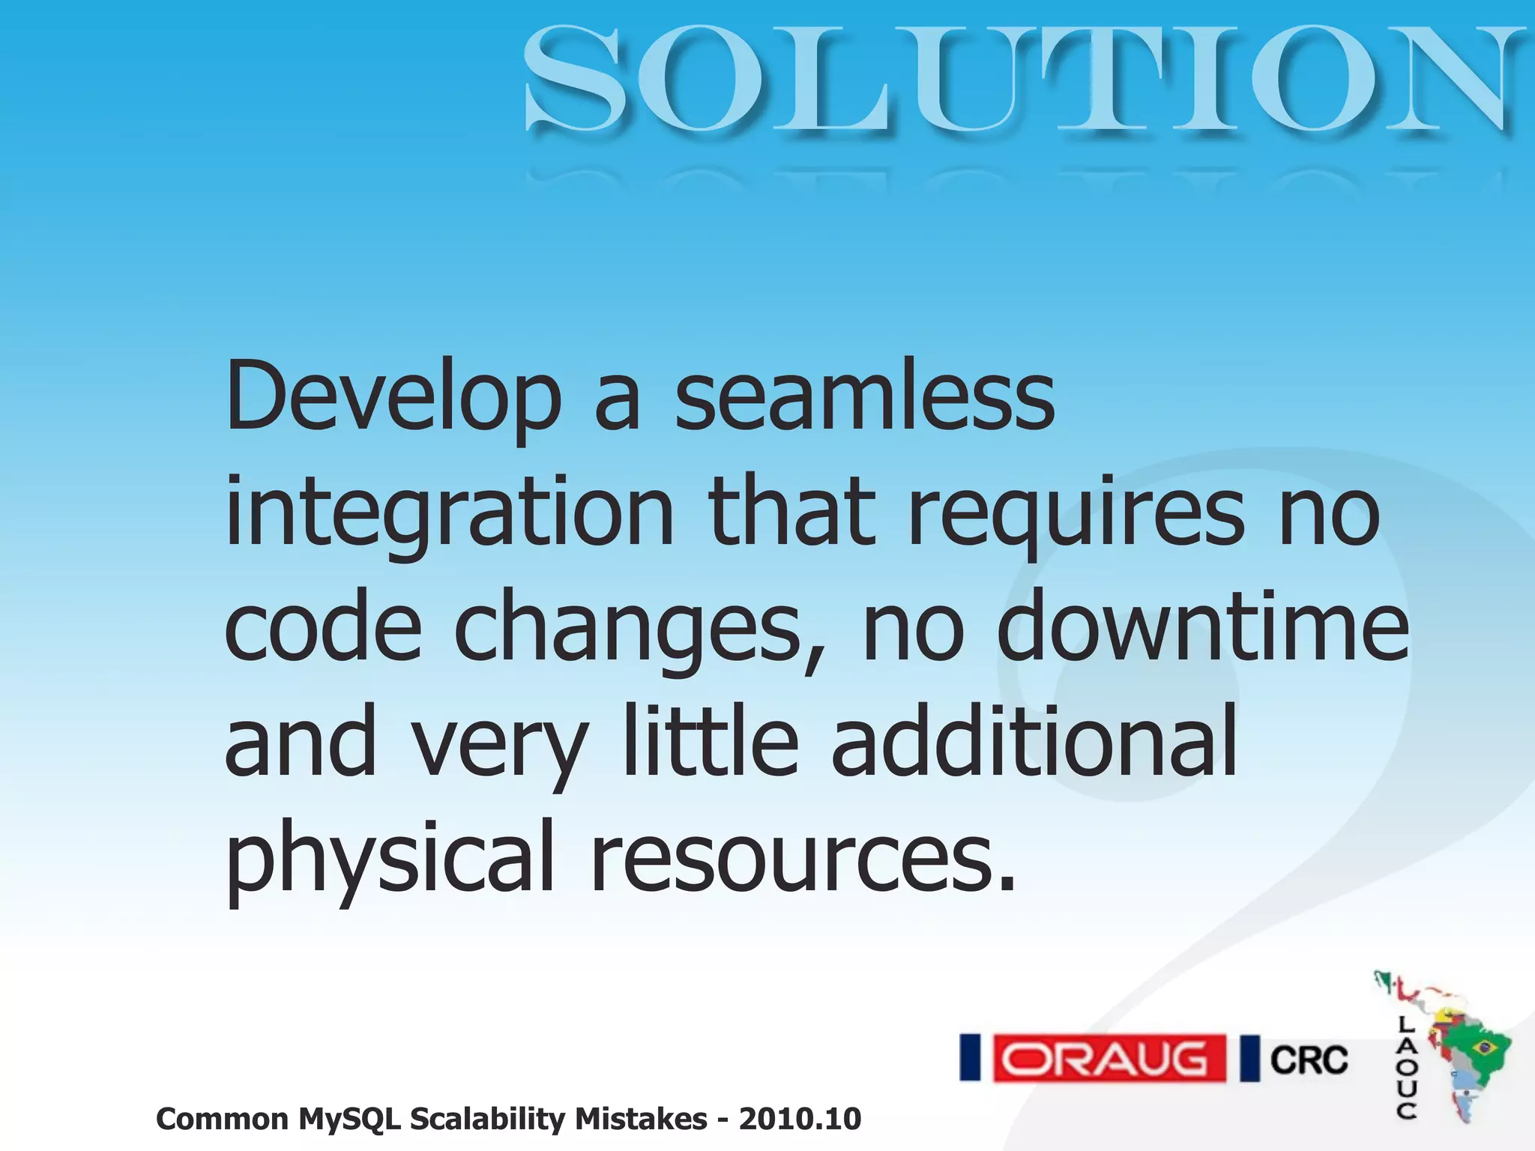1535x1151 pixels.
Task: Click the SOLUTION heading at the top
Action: click(1023, 79)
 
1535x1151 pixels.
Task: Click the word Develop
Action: click(393, 397)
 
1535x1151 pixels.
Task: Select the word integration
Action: click(450, 514)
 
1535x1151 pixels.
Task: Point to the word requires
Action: click(1076, 514)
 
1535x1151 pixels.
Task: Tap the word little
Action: click(711, 742)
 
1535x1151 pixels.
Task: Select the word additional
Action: click(1034, 742)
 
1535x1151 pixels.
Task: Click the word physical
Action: click(390, 859)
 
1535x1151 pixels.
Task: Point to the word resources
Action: click(803, 859)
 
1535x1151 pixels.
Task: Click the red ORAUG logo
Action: click(1109, 1058)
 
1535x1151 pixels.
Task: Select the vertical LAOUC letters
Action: click(1406, 1067)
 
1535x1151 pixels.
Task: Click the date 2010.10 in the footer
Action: click(800, 1119)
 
